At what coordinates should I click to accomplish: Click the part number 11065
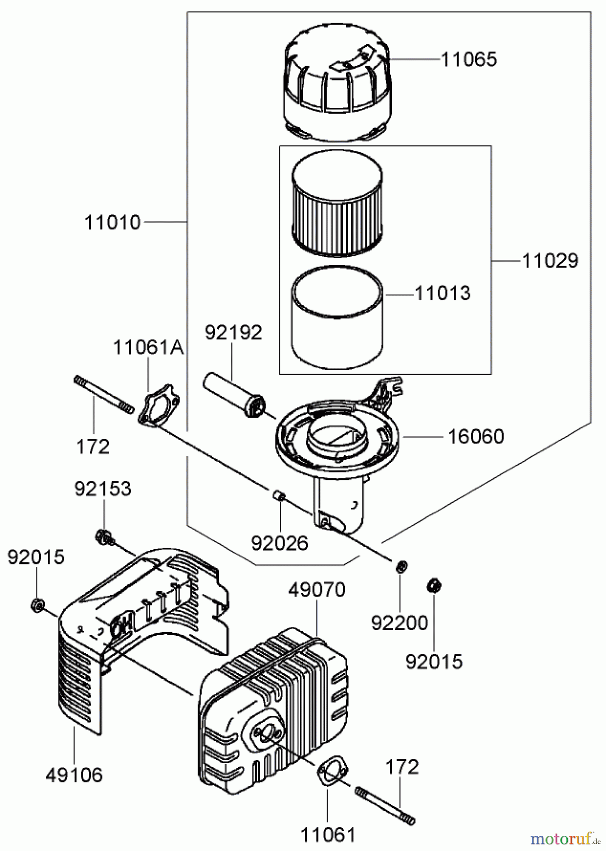469,60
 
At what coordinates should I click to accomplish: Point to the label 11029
550,261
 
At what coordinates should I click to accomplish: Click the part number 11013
442,294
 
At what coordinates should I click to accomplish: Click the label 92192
233,333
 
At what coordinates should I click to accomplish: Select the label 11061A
148,348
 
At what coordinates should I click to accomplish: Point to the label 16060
476,436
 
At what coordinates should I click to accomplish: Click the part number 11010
113,222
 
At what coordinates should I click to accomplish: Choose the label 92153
103,489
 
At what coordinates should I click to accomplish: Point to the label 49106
74,775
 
